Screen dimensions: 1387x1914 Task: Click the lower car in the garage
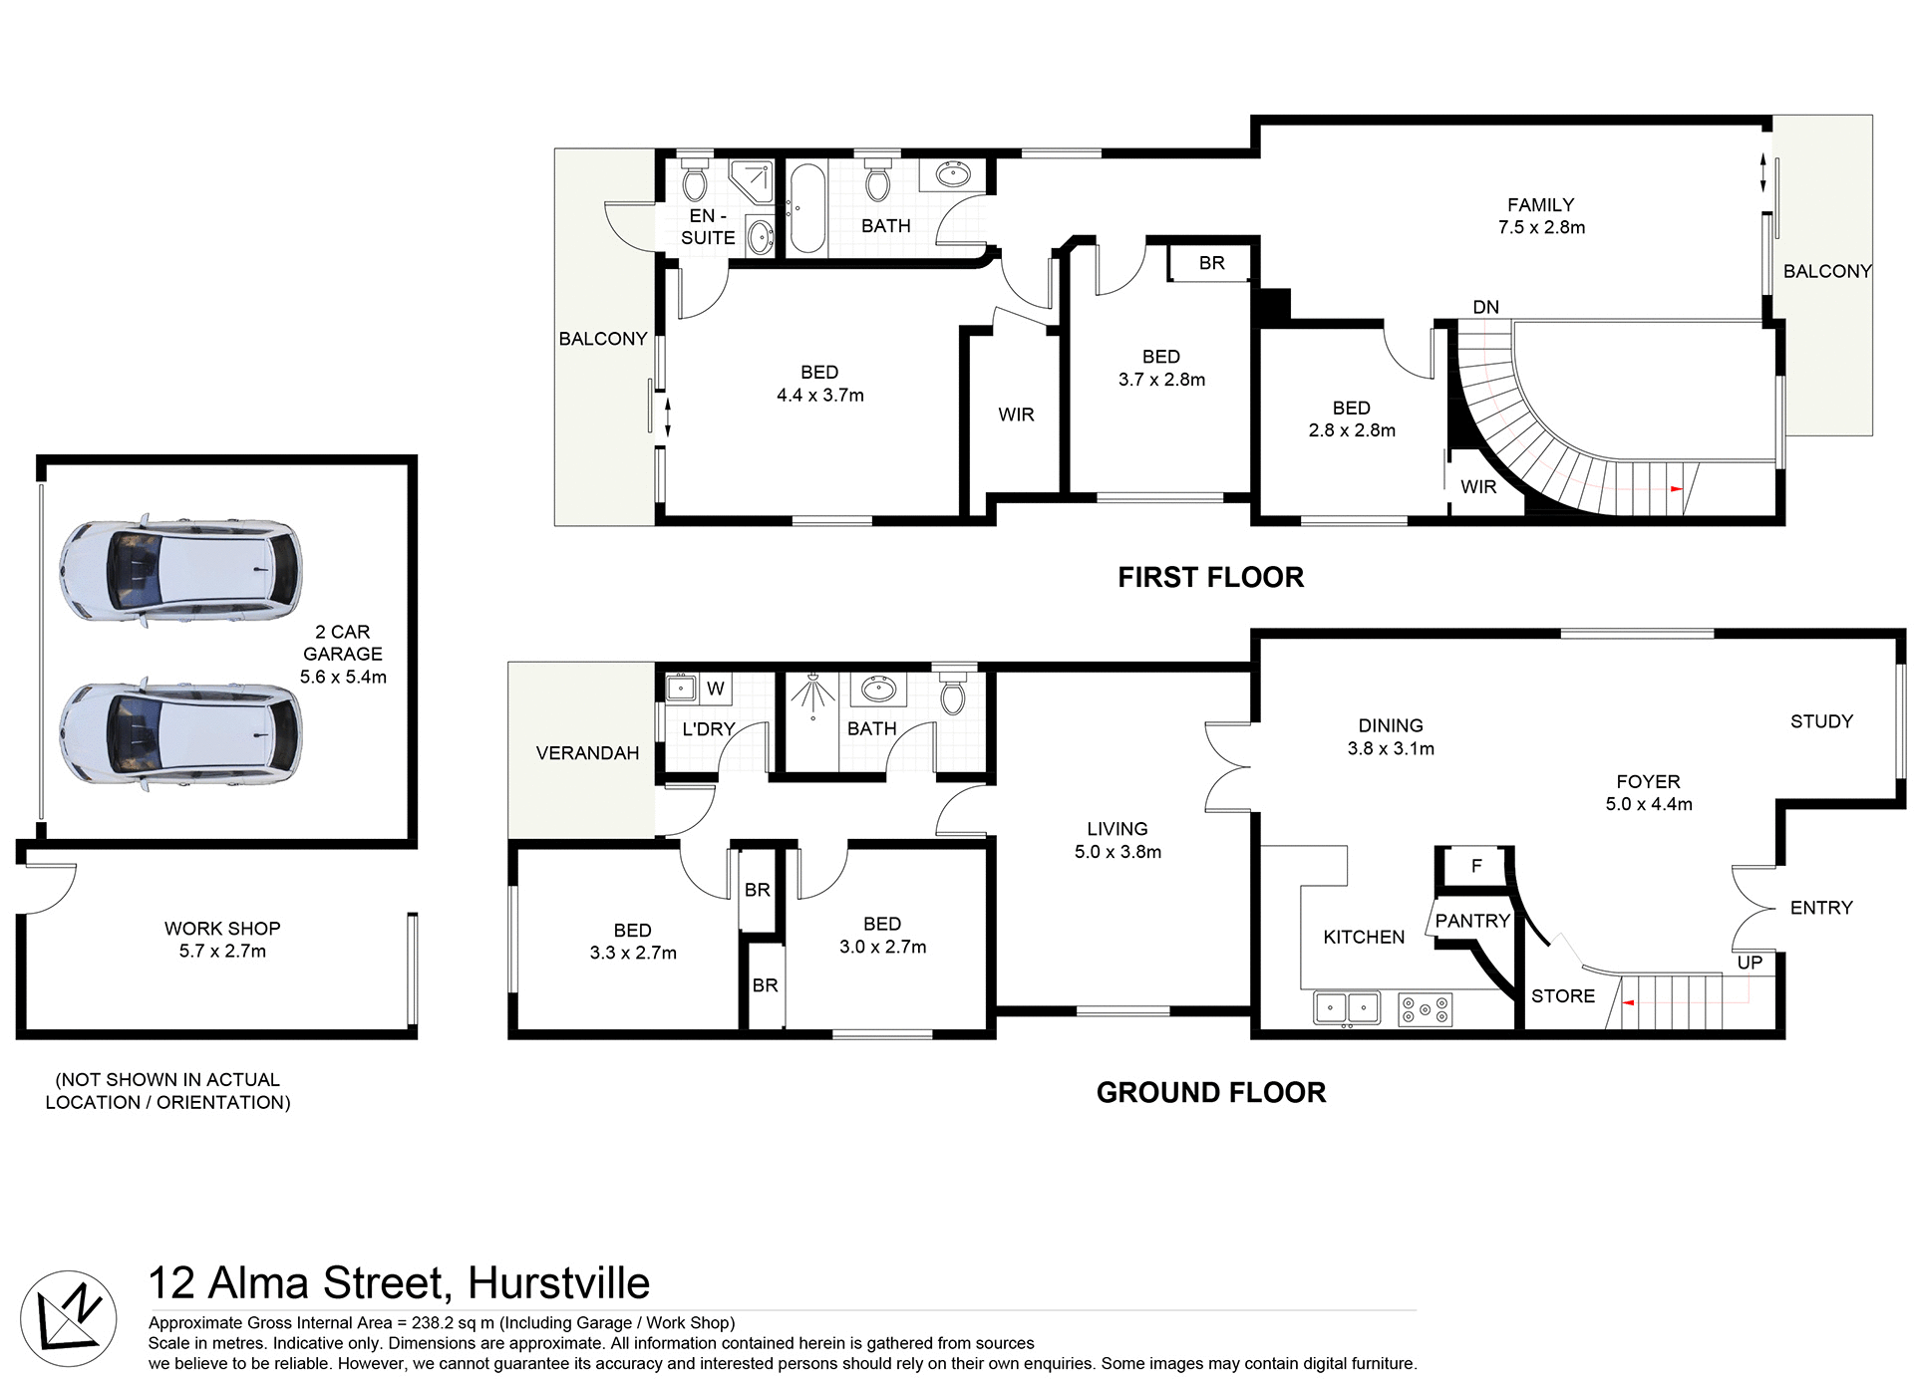point(180,734)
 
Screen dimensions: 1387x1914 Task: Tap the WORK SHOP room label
point(222,929)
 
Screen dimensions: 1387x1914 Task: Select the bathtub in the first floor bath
point(806,208)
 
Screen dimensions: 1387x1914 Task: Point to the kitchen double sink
point(1347,1008)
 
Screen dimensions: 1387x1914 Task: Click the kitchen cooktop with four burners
point(1425,1009)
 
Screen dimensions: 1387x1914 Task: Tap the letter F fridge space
point(1476,866)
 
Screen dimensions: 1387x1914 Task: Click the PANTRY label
point(1472,921)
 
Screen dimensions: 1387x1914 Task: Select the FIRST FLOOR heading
point(1210,577)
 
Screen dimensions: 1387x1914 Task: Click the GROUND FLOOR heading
point(1210,1092)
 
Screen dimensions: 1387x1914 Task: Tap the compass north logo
point(68,1319)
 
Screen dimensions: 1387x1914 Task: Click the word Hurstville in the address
point(558,1283)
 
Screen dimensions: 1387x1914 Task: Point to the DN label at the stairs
point(1485,307)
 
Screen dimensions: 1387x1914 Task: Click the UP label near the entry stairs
point(1750,963)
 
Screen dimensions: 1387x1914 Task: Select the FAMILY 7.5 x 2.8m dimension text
point(1541,227)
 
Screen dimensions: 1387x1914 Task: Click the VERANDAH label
point(587,753)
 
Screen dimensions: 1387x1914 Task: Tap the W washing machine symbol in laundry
point(715,688)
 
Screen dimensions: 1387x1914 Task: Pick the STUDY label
point(1821,721)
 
